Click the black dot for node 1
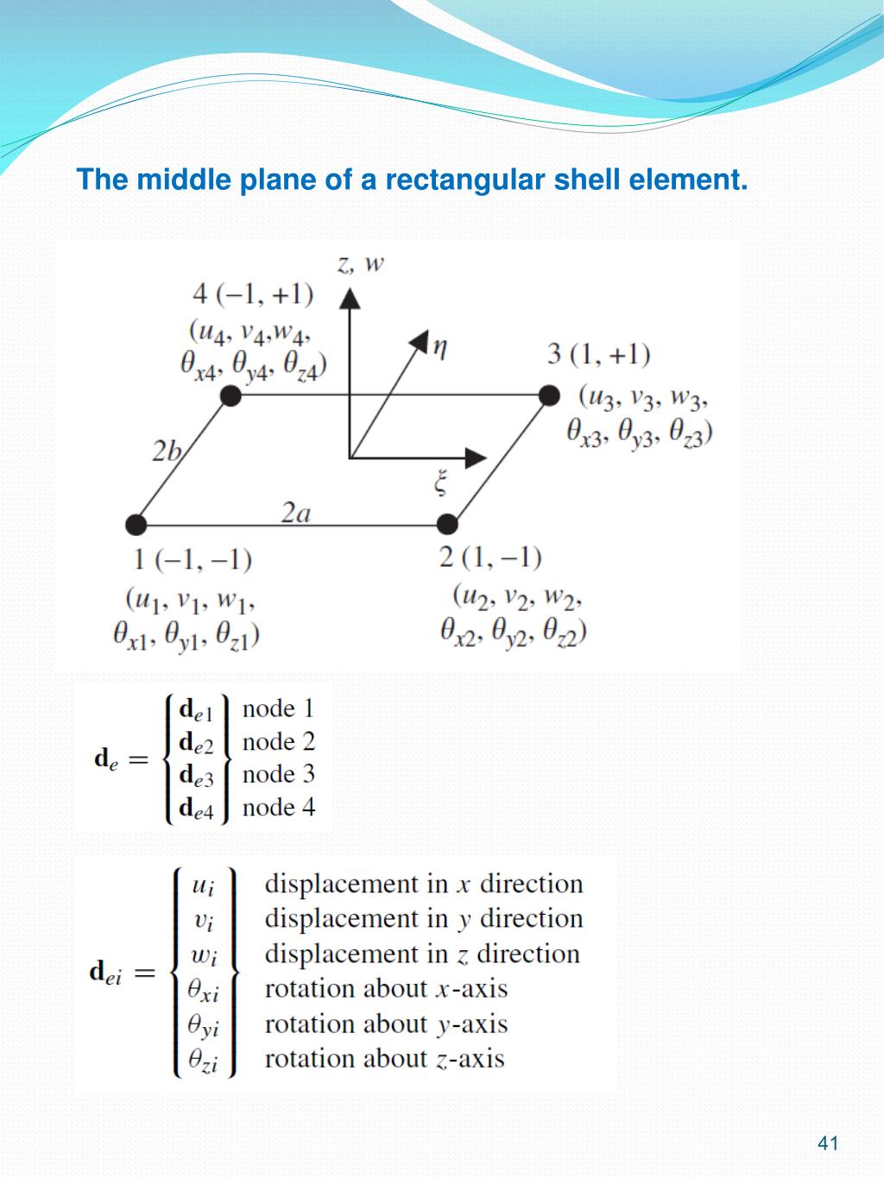point(136,524)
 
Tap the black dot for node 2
point(447,524)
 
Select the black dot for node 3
point(549,395)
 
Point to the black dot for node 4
point(230,396)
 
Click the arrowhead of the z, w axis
point(349,299)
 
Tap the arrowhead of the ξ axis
point(476,457)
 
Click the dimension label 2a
point(296,513)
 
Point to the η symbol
point(440,348)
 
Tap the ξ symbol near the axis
point(441,482)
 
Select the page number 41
point(828,1143)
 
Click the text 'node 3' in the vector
point(278,774)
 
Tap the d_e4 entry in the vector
point(196,809)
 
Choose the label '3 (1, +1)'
point(598,354)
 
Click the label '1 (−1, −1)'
point(193,560)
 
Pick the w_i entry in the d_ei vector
point(204,955)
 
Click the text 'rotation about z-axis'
point(384,1059)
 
